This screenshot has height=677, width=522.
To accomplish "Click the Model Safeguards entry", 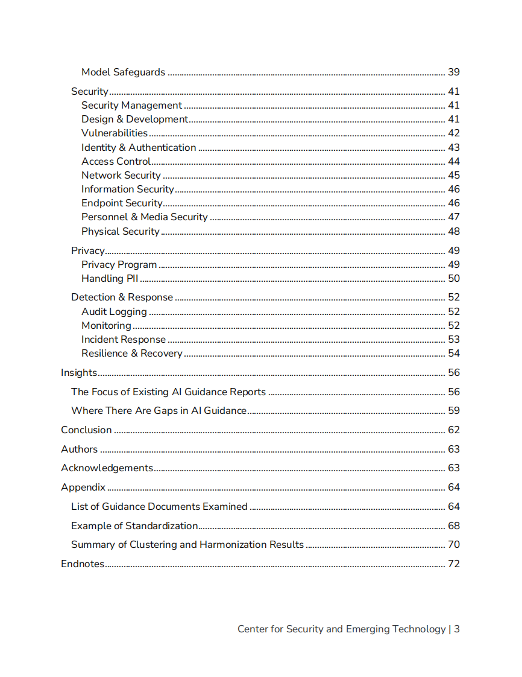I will coord(123,72).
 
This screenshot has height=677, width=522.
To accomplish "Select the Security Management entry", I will coord(131,106).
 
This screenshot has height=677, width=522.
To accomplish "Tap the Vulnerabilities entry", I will coord(115,133).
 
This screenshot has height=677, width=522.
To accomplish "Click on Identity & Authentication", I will coord(139,147).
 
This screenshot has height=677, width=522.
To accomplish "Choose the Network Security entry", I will coord(121,176).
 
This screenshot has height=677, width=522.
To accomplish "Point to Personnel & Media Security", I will coord(145,217).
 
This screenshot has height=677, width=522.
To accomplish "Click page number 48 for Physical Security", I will coord(453,232).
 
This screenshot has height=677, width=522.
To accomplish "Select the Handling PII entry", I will coord(110,279).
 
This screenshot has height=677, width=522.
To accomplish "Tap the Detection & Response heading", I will coord(122,297).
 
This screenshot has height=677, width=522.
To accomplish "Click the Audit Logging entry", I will coord(114,312).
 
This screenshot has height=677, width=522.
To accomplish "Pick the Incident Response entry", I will coord(124,340).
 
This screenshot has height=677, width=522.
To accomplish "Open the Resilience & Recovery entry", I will coord(132,354).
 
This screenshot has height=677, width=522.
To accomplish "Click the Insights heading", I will coord(79,373).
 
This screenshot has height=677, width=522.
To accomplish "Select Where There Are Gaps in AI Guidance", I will coord(159,411).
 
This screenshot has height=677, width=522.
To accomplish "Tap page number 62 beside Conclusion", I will coord(453,430).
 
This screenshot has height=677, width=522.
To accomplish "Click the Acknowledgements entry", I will coord(107,468).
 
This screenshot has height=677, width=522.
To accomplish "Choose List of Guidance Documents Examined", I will coord(159,507).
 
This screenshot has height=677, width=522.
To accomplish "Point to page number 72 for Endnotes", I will coord(453,564).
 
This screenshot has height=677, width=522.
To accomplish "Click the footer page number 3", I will coord(457,629).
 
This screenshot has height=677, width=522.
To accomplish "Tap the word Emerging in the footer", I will coord(367,629).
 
